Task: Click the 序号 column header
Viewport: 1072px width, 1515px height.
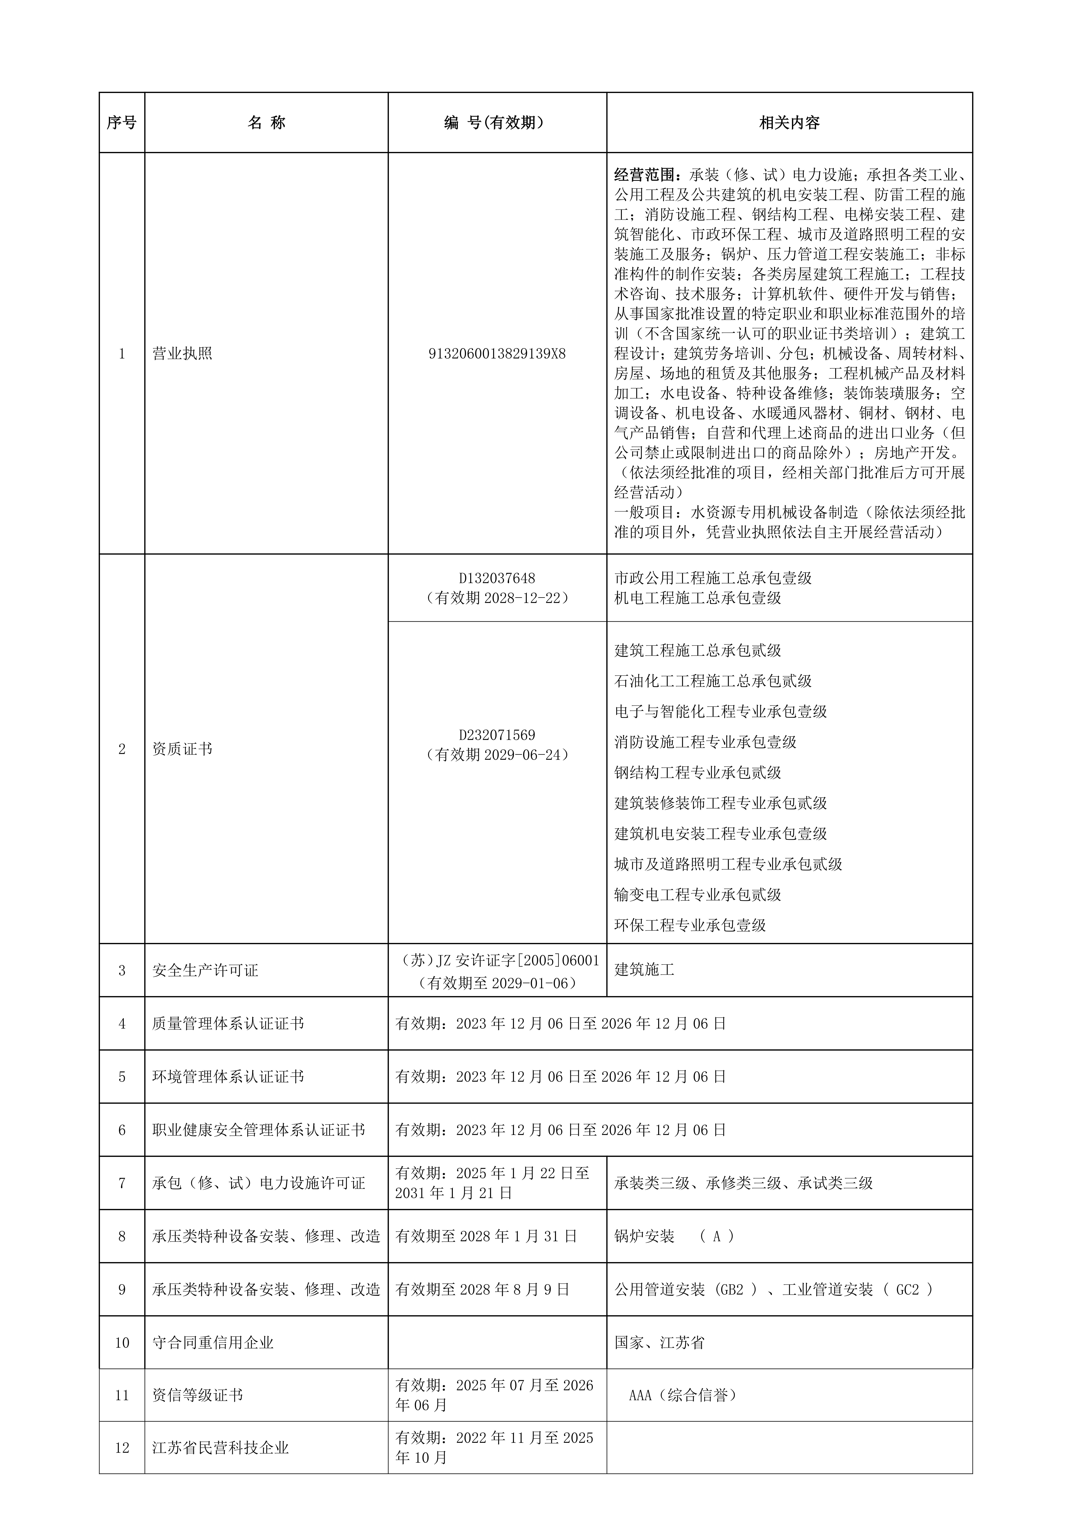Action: (121, 123)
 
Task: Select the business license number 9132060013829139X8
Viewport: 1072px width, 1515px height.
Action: (497, 354)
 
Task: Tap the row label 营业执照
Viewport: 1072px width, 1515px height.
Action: (182, 354)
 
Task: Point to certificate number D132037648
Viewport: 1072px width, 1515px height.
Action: (497, 578)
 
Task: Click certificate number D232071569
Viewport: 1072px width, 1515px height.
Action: (497, 735)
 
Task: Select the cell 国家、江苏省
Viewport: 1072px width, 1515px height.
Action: (659, 1342)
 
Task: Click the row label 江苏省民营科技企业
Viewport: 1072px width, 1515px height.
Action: (220, 1448)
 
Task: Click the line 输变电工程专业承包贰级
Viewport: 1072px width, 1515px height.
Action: (698, 895)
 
